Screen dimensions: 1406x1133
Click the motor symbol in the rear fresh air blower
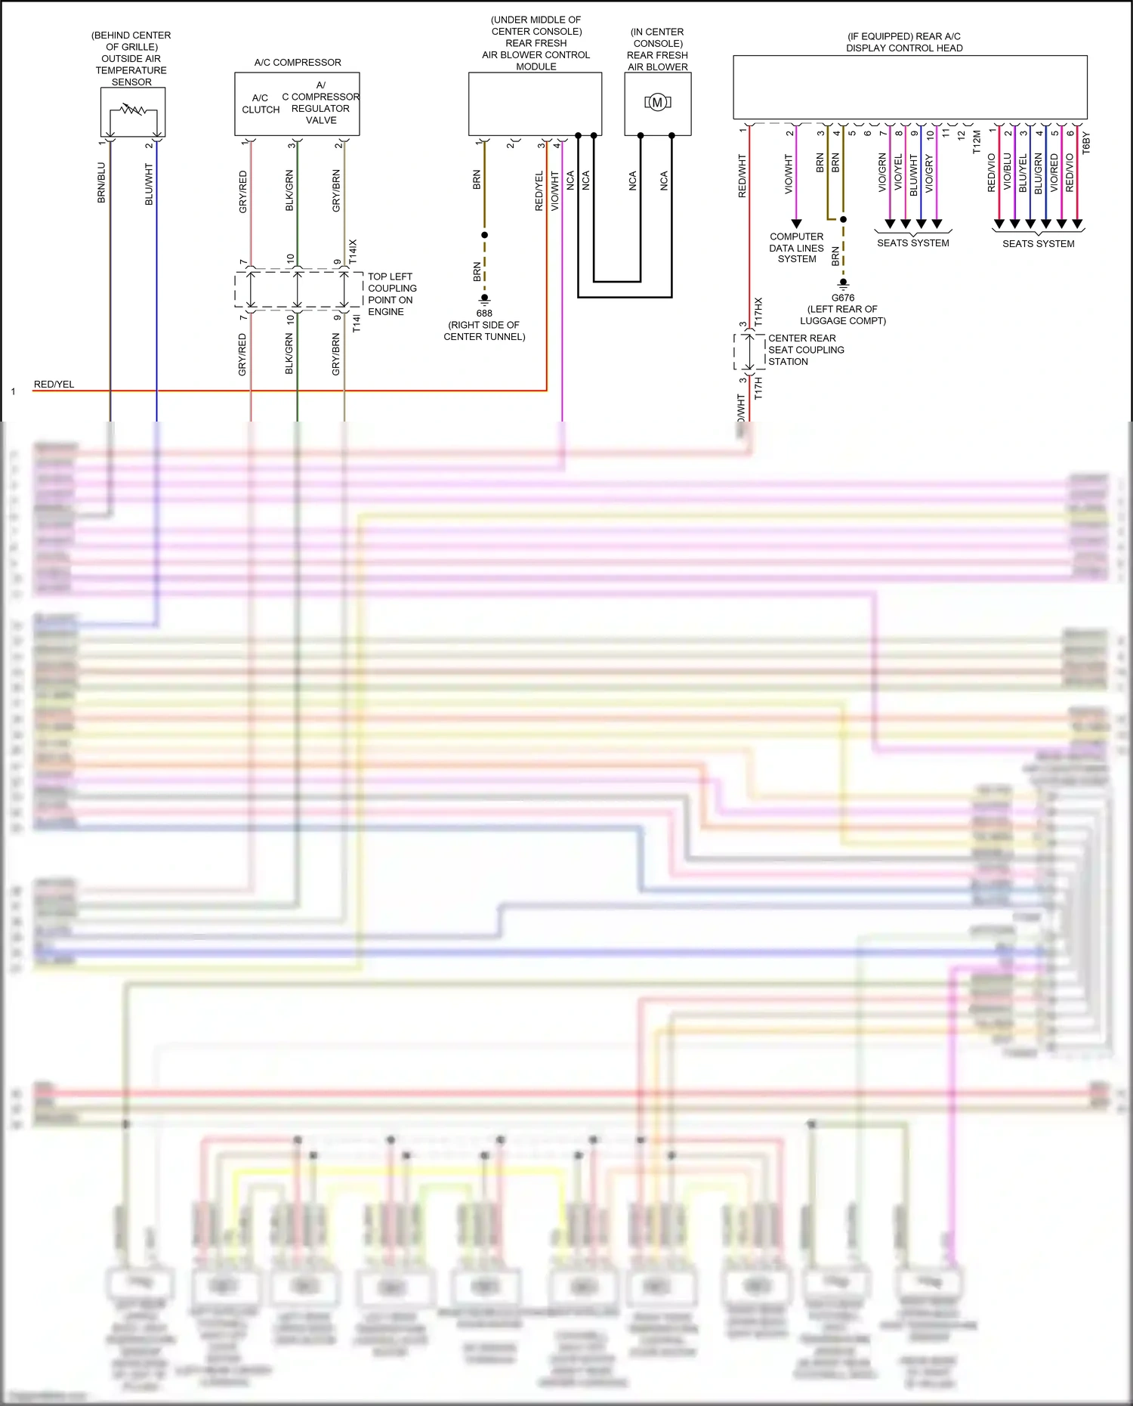click(x=657, y=102)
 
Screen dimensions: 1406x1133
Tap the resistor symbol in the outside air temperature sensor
click(x=133, y=110)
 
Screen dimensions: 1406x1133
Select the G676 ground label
click(x=843, y=298)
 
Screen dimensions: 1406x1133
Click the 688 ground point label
click(x=484, y=313)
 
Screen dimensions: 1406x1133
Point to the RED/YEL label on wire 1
click(x=54, y=384)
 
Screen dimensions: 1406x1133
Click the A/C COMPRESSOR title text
click(x=298, y=63)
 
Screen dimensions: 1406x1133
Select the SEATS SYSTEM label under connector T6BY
click(x=1038, y=243)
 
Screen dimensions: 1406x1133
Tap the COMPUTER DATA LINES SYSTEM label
click(x=797, y=248)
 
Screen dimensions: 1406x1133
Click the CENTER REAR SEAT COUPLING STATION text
click(x=805, y=350)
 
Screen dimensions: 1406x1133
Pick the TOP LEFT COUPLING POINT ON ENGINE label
click(x=391, y=294)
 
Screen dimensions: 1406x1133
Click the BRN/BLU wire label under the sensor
click(x=101, y=183)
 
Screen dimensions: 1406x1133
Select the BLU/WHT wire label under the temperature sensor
click(x=149, y=184)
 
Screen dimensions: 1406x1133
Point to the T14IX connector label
click(x=353, y=251)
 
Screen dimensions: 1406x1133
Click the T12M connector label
click(x=976, y=142)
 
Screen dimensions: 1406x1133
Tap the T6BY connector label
click(x=1086, y=143)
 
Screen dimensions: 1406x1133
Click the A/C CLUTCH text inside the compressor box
click(x=261, y=104)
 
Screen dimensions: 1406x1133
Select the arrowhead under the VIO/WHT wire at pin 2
click(x=796, y=224)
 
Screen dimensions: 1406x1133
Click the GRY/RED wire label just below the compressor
click(x=242, y=191)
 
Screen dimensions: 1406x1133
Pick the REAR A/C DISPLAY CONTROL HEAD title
click(x=904, y=42)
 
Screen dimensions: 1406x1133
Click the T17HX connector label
click(x=758, y=312)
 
